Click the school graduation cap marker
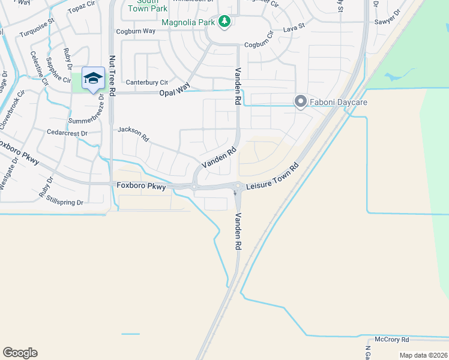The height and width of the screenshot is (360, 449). click(x=93, y=78)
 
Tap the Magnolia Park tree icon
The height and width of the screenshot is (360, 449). click(x=225, y=22)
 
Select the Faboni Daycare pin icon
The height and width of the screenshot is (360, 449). click(x=300, y=102)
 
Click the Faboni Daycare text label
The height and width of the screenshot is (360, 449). click(x=338, y=103)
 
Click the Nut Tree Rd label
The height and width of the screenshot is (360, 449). click(x=112, y=74)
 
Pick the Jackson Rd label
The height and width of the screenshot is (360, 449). click(x=133, y=133)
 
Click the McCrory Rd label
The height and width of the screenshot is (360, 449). click(x=391, y=339)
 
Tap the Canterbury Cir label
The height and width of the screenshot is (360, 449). click(x=146, y=82)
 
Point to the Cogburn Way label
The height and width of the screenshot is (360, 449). click(x=136, y=31)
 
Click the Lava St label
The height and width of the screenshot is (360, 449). click(x=294, y=28)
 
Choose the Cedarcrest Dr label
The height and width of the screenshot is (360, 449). click(x=67, y=132)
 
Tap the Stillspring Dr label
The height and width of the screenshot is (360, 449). click(x=63, y=202)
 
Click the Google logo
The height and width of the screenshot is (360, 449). click(x=20, y=353)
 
